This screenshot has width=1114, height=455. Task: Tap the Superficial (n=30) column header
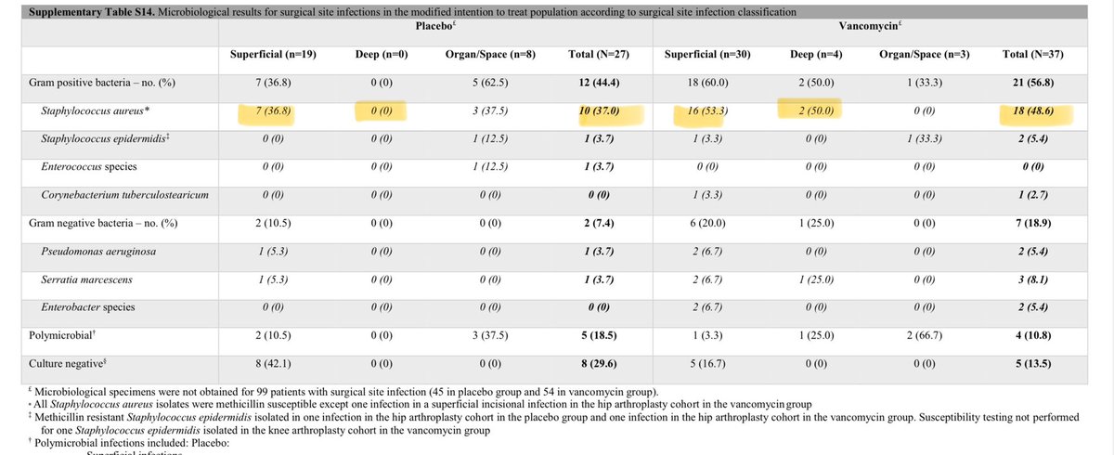tap(707, 55)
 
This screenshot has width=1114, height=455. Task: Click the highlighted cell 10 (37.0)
tap(600, 113)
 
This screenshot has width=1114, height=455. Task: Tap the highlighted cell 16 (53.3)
tap(707, 113)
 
